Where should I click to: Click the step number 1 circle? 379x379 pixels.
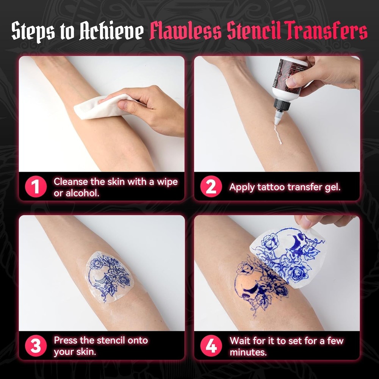coord(35,187)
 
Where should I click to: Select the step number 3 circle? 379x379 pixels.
coord(35,346)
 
